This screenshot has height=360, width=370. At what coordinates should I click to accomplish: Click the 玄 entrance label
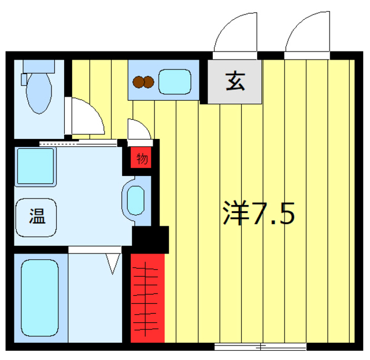pos(235,81)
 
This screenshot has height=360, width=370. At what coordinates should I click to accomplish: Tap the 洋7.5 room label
pos(258,214)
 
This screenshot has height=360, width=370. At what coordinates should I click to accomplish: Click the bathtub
pos(40,297)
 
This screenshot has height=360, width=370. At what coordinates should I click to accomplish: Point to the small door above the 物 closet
pos(139,130)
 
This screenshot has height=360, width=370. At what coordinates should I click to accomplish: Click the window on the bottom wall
pos(260,347)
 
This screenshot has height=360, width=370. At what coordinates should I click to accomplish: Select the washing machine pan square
pos(35,167)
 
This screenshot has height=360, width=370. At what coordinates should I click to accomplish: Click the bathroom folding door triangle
pos(113,262)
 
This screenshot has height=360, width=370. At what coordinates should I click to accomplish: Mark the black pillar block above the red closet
pos(150,238)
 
